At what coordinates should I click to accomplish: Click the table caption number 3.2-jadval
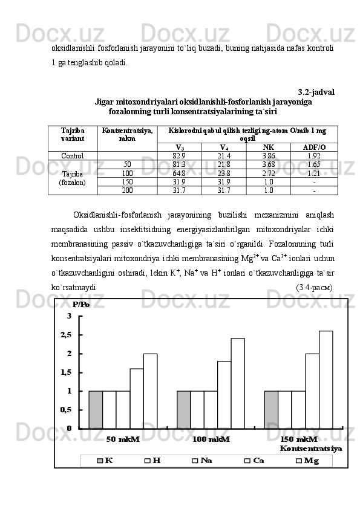tap(316, 92)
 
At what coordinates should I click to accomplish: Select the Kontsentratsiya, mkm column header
tap(127, 134)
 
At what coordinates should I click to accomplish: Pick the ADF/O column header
tap(313, 147)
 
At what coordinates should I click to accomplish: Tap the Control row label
tap(72, 155)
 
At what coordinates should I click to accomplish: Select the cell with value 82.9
tap(179, 155)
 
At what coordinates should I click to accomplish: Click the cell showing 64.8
tap(179, 173)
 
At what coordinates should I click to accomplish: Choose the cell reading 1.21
tap(313, 173)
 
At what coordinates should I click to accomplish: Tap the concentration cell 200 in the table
tap(127, 190)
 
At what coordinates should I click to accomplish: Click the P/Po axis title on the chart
tap(80, 304)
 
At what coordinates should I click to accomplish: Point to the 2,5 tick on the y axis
tap(65, 334)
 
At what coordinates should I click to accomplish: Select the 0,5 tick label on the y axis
tap(65, 409)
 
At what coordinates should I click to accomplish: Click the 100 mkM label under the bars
tap(211, 439)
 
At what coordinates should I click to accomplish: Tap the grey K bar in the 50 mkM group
tap(96, 409)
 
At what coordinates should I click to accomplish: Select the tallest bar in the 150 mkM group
tap(326, 379)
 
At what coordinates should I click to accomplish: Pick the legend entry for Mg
tap(307, 461)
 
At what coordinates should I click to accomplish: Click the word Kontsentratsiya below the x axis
tap(310, 449)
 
